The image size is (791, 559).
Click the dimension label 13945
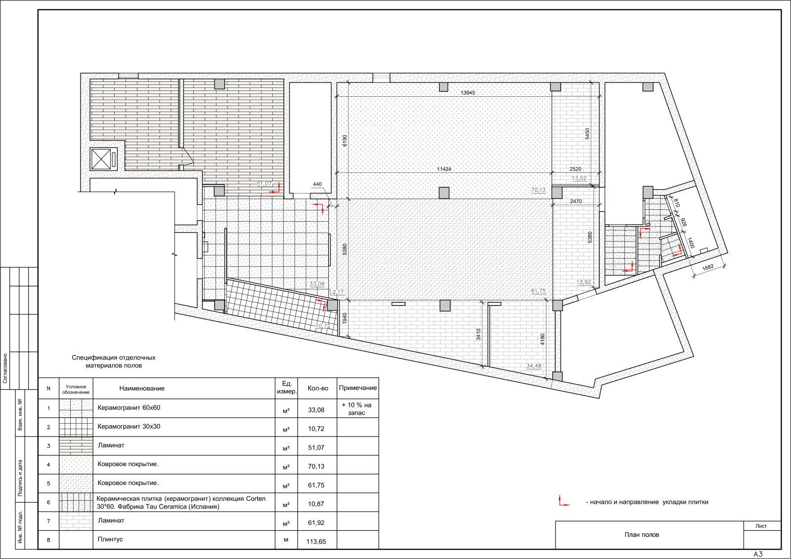click(468, 93)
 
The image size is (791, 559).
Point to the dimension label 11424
click(444, 169)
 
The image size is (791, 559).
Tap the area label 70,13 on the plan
click(538, 190)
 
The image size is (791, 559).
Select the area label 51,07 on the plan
click(264, 184)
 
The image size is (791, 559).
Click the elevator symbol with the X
click(101, 159)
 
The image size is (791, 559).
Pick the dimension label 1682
click(708, 268)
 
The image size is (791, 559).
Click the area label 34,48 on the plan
click(534, 366)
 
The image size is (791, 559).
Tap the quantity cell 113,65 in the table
click(316, 541)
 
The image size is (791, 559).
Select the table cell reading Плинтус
click(110, 539)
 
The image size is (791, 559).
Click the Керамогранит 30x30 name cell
click(129, 426)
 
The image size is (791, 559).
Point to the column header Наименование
click(141, 388)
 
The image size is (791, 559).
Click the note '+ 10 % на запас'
click(356, 409)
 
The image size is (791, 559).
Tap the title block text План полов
click(642, 535)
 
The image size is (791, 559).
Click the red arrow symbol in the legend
click(564, 501)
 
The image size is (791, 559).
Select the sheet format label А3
click(758, 555)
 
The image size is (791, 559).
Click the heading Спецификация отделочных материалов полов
click(114, 361)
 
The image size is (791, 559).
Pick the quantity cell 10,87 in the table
click(316, 504)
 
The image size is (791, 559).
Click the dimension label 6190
click(345, 141)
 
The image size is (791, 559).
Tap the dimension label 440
click(317, 184)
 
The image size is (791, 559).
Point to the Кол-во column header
click(318, 388)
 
